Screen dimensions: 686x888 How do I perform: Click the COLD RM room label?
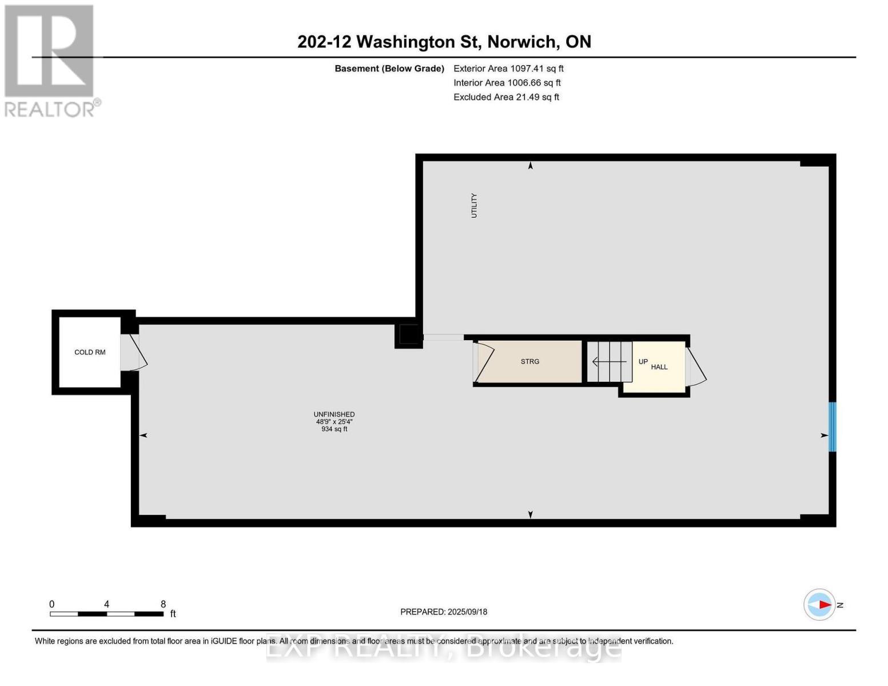(90, 352)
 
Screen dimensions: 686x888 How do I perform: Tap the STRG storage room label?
(530, 361)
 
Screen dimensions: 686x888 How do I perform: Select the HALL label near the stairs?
(659, 367)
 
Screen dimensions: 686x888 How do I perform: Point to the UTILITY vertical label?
(473, 206)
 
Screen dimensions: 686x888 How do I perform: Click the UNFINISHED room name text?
(334, 414)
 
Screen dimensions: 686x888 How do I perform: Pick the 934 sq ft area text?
(334, 429)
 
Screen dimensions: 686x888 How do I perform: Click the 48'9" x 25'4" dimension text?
(334, 422)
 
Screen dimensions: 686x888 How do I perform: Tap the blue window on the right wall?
(833, 426)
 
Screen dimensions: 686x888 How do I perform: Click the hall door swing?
(695, 367)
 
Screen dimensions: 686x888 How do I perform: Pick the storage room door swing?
(483, 361)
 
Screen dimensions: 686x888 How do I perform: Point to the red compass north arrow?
(823, 604)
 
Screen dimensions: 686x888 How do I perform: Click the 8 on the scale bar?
(163, 604)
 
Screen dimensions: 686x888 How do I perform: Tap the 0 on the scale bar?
(52, 604)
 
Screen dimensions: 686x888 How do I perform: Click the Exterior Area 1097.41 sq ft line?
(508, 69)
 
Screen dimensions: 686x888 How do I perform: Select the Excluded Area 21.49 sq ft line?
(506, 97)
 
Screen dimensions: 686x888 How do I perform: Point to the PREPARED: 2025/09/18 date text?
(444, 612)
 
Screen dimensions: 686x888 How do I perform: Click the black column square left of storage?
(408, 335)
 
